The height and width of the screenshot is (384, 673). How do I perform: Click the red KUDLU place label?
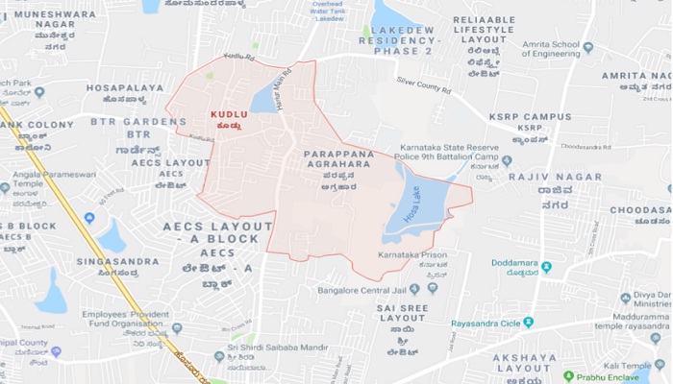(x=229, y=114)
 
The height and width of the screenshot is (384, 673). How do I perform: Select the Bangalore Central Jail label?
(x=358, y=288)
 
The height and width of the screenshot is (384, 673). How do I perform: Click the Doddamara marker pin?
(x=546, y=266)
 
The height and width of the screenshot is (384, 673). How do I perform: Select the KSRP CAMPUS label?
(x=530, y=116)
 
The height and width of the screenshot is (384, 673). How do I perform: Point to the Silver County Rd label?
(x=425, y=84)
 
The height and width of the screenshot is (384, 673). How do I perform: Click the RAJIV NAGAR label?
(x=541, y=176)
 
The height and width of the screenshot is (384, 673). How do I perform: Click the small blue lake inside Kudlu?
(x=262, y=99)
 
